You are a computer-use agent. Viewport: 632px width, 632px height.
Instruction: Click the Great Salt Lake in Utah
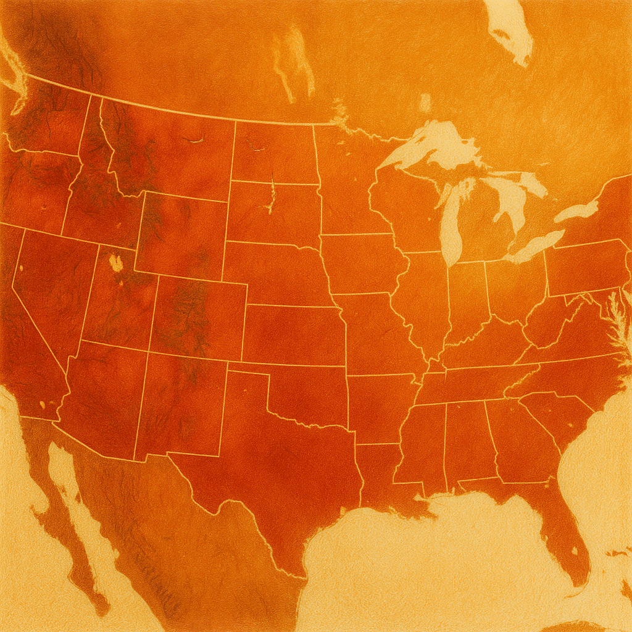tap(115, 262)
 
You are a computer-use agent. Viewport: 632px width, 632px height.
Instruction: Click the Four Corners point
tap(149, 349)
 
